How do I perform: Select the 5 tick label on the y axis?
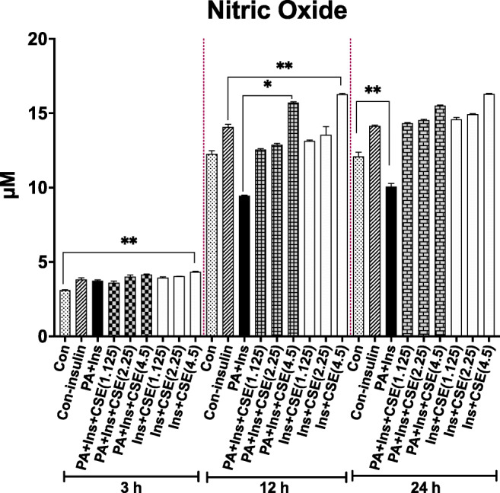[x=37, y=262]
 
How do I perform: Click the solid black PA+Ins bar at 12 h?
[x=244, y=266]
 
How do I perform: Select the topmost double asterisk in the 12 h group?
[x=285, y=67]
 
